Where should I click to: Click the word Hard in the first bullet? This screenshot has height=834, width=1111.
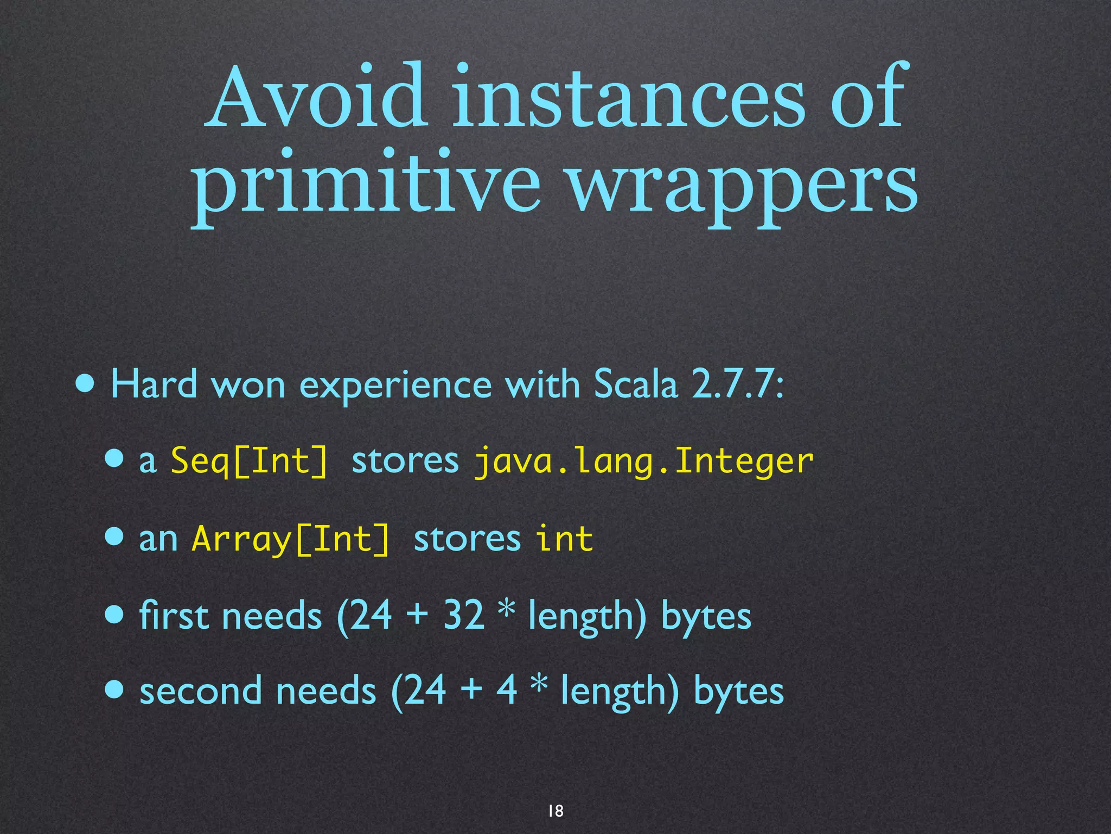click(x=154, y=384)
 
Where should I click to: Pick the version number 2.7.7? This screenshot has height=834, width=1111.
click(x=738, y=384)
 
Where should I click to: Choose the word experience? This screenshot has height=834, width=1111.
click(x=395, y=386)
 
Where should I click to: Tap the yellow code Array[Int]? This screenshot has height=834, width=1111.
click(x=291, y=539)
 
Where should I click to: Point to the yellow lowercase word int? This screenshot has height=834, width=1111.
click(x=564, y=539)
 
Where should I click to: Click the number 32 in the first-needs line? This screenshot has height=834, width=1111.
click(x=463, y=615)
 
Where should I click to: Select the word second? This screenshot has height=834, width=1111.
click(x=201, y=691)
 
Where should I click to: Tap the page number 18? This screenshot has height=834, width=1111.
click(x=555, y=811)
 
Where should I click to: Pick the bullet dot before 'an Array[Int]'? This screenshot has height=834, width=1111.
click(x=114, y=538)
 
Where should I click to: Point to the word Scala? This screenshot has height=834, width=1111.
click(x=636, y=384)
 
